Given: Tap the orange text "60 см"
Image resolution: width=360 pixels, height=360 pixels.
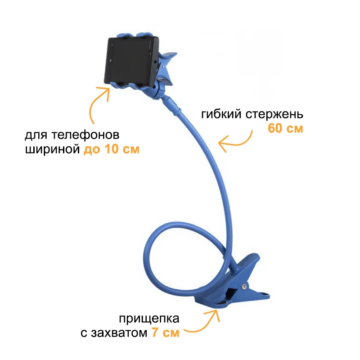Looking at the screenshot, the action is pos(285,128).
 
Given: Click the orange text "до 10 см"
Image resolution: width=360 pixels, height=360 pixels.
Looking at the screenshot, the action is pos(112,149).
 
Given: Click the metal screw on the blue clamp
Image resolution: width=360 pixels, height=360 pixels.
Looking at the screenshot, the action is pos(244,286).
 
